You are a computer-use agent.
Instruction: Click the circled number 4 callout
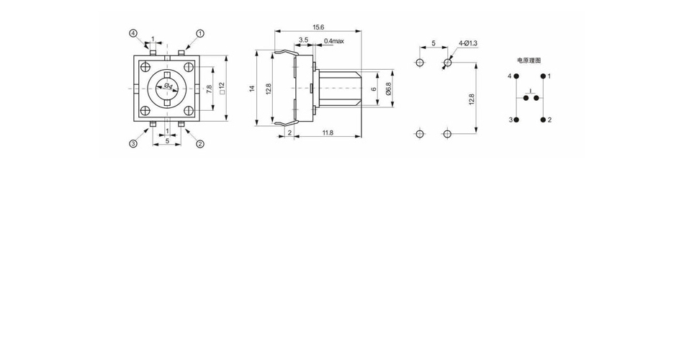pyautogui.click(x=133, y=33)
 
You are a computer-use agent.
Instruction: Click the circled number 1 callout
pyautogui.click(x=200, y=33)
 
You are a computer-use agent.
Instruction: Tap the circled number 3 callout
pyautogui.click(x=133, y=143)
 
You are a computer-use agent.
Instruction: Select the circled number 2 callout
pyautogui.click(x=200, y=143)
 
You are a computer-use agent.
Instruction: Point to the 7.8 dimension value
pyautogui.click(x=209, y=89)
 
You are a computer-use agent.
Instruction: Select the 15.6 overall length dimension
pyautogui.click(x=318, y=27)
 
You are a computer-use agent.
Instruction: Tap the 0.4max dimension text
pyautogui.click(x=333, y=41)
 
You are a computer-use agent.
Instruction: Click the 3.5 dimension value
pyautogui.click(x=303, y=40)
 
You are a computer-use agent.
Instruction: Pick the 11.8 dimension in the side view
pyautogui.click(x=328, y=132)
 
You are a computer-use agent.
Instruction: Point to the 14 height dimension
pyautogui.click(x=252, y=89)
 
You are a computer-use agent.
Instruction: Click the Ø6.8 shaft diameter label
pyautogui.click(x=388, y=89)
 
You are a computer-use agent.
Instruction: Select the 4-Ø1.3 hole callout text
pyautogui.click(x=468, y=43)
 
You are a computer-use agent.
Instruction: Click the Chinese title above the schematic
pyautogui.click(x=528, y=60)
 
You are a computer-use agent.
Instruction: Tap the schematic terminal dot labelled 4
pyautogui.click(x=516, y=76)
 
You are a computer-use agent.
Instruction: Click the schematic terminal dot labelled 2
pyautogui.click(x=543, y=120)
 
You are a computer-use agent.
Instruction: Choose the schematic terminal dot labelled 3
pyautogui.click(x=516, y=120)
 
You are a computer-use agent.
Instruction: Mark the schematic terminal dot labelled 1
pyautogui.click(x=543, y=76)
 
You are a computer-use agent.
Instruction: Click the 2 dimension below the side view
pyautogui.click(x=289, y=132)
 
